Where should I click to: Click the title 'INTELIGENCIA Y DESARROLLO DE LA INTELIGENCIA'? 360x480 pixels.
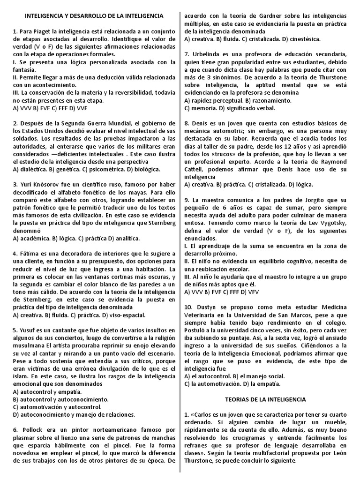tap(94, 16)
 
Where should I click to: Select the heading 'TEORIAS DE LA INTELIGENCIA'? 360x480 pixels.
tap(265, 399)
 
